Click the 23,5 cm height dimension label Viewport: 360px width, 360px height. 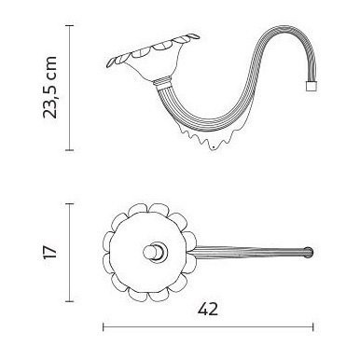(x=50, y=88)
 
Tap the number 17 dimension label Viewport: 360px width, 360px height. (x=50, y=252)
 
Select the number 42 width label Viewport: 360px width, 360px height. (x=208, y=310)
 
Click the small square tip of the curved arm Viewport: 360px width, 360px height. (x=311, y=86)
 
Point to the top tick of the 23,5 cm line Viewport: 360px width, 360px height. (x=69, y=26)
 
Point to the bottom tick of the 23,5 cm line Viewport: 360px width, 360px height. (x=69, y=150)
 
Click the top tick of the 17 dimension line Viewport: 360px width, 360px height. (x=69, y=204)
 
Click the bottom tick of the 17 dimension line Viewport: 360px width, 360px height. (x=69, y=301)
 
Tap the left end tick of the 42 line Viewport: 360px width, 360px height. (x=104, y=326)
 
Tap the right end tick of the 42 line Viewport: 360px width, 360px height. (x=313, y=326)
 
